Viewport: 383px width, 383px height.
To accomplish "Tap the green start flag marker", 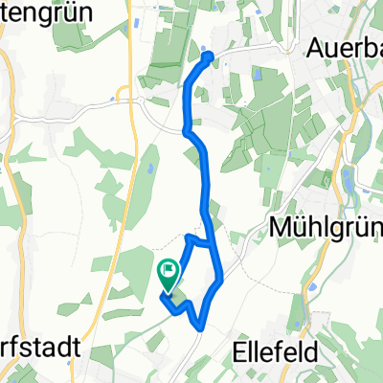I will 169,276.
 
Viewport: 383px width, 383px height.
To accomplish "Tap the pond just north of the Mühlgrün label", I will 349,179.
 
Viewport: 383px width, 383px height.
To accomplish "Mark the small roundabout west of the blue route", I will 124,95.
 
